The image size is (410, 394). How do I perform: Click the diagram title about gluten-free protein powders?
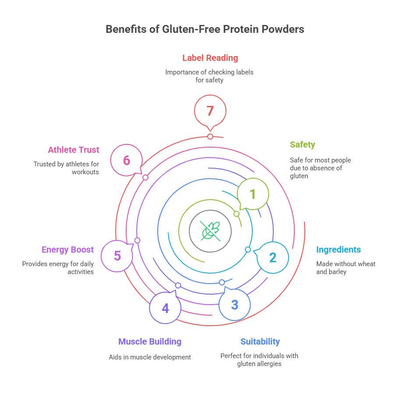205,29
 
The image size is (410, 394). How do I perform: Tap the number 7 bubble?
210,111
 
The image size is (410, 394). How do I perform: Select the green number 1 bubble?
253,194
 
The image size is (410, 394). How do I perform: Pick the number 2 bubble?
273,257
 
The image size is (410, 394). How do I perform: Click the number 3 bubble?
235,305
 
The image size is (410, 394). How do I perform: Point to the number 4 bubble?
165,308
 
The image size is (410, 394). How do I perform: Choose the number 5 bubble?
117,256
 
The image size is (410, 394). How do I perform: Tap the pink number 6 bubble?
126,161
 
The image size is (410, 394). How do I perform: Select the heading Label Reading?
210,58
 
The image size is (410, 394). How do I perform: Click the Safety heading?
302,144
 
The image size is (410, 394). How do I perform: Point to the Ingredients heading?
339,250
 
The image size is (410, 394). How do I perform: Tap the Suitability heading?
260,341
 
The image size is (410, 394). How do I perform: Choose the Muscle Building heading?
150,341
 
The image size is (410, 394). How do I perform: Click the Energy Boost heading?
67,250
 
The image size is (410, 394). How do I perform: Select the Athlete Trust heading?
74,150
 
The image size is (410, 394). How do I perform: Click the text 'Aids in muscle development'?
150,357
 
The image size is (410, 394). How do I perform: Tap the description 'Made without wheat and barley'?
346,267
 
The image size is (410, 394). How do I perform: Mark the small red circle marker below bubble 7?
210,137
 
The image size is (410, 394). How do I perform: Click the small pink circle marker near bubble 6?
145,177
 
